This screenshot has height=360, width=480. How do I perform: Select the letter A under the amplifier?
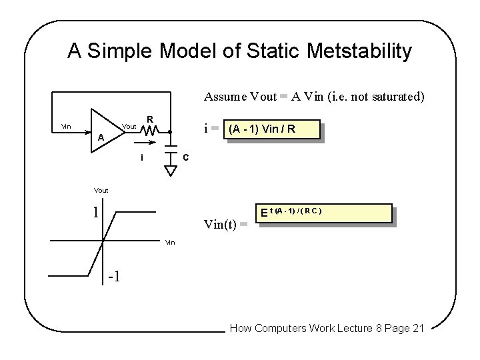[100, 138]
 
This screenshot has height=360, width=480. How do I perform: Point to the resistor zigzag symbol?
[149, 131]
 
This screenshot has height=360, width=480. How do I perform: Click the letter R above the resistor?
[151, 119]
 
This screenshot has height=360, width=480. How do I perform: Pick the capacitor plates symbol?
[171, 155]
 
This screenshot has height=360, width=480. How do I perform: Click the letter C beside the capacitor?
[187, 157]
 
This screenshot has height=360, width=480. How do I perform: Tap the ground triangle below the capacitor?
[171, 171]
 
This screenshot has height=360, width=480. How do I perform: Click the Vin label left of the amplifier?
[67, 127]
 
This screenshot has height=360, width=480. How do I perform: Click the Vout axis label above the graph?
[101, 190]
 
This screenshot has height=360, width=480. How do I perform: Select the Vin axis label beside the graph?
[171, 242]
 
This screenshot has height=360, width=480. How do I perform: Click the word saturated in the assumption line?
[393, 97]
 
